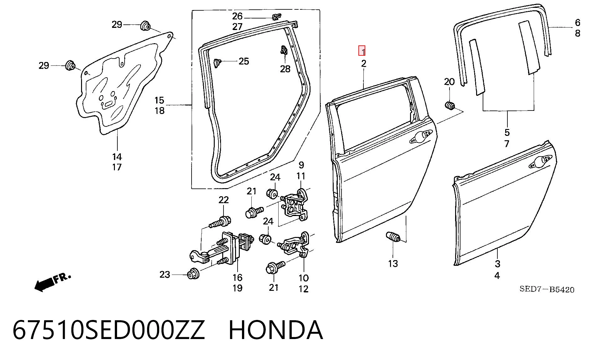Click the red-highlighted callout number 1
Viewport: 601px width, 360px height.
(x=362, y=51)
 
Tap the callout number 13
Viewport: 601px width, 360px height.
(x=393, y=264)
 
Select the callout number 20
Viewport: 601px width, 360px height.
(x=449, y=82)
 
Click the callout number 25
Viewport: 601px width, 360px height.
(x=244, y=61)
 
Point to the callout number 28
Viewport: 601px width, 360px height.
(x=285, y=69)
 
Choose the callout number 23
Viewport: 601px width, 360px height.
(x=165, y=275)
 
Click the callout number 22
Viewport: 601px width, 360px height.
(x=223, y=200)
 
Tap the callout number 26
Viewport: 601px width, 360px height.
(x=237, y=16)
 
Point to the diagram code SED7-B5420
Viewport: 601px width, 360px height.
(x=547, y=289)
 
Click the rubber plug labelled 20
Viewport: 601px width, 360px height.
(x=450, y=106)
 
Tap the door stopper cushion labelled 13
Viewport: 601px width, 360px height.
(x=393, y=237)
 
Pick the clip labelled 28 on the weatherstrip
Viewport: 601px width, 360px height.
(x=284, y=50)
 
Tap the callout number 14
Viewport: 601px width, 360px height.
(x=117, y=157)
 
